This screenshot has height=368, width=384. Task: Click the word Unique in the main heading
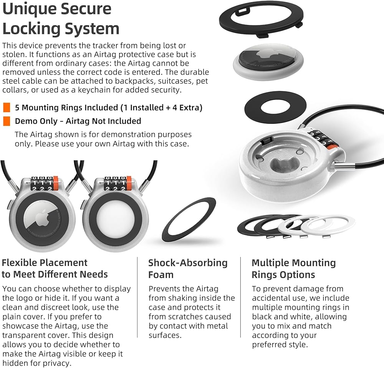pos(30,9)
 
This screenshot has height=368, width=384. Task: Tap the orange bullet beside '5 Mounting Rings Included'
pos(7,108)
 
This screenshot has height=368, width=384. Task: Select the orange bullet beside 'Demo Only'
pos(7,121)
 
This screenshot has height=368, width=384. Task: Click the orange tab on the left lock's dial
pos(56,183)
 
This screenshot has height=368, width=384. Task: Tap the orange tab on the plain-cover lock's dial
pos(129,183)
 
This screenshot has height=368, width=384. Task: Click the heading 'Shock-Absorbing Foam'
pos(188,269)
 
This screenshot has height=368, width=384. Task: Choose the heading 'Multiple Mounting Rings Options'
pos(294,269)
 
